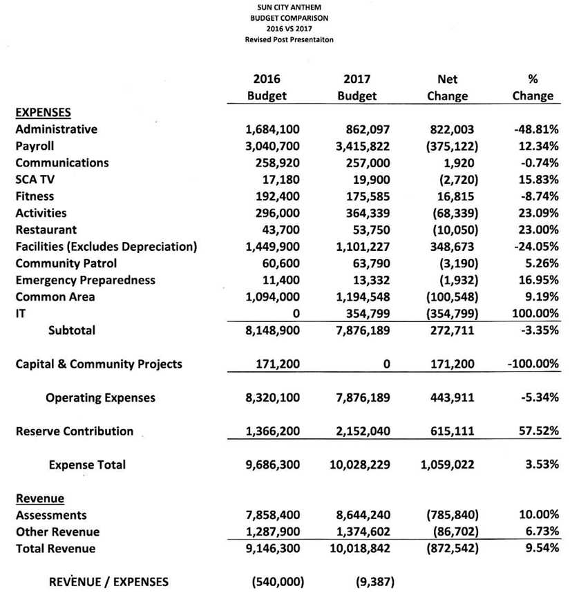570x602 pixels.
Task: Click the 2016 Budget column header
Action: coord(267,88)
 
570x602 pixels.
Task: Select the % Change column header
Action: coord(533,88)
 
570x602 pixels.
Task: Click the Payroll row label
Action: coord(35,146)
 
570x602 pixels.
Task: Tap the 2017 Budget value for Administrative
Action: coord(367,129)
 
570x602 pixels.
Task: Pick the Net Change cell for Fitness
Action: coord(453,196)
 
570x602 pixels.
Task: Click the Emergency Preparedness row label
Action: coord(85,280)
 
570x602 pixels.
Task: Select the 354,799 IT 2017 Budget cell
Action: coord(367,314)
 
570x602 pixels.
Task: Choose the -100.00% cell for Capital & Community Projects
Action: coord(530,364)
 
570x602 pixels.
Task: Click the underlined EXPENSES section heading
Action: coord(43,112)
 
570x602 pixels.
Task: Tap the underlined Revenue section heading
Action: coord(39,498)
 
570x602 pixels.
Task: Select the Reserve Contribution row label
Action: coord(75,431)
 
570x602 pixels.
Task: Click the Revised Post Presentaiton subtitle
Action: coord(289,40)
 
